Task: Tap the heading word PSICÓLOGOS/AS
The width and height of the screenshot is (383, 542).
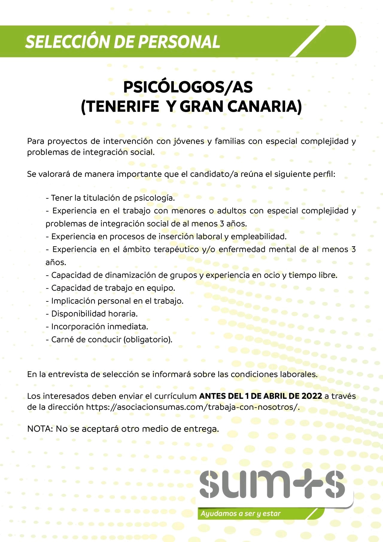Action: tap(188, 87)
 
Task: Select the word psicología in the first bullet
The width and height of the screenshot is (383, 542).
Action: tap(154, 198)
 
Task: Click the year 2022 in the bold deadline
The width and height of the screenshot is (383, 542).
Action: tap(312, 396)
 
